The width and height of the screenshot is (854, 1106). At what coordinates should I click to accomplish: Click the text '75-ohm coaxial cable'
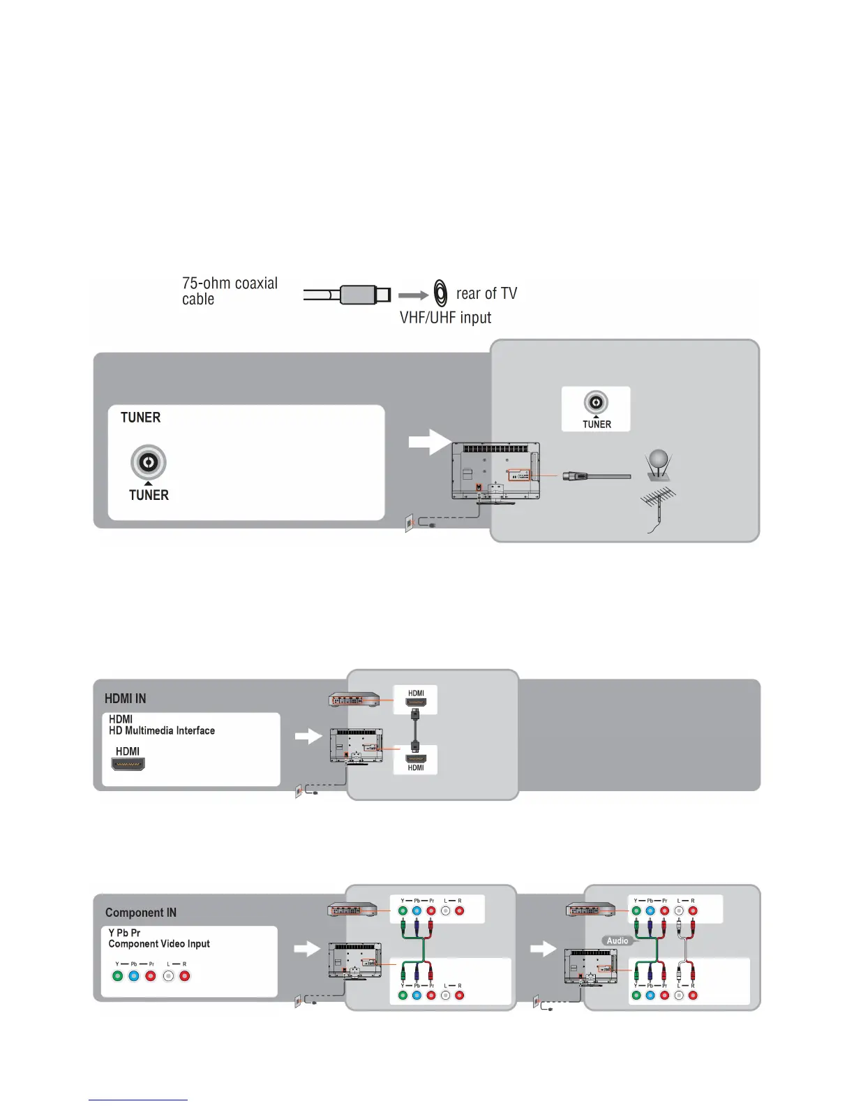coord(230,291)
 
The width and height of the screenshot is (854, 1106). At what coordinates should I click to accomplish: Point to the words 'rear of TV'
coord(486,293)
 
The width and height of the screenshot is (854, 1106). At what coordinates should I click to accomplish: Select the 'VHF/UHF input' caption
coord(445,318)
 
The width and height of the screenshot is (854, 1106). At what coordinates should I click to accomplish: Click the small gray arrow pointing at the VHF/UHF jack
coord(413,295)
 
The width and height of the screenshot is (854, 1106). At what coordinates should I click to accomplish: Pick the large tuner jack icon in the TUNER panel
coord(148,462)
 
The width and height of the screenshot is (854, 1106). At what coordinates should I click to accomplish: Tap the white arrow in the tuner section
coord(429,442)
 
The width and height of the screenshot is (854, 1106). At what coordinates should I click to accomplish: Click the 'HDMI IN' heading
coord(126,699)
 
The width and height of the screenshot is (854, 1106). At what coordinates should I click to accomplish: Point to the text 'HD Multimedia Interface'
coord(162,730)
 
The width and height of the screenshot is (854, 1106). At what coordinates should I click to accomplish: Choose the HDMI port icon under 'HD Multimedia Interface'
coord(128,763)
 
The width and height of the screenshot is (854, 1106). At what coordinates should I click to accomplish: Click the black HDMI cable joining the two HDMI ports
coord(416,729)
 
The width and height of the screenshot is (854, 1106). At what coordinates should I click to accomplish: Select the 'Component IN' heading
coord(141,913)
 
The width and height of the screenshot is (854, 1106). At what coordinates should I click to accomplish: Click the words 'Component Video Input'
coord(159,944)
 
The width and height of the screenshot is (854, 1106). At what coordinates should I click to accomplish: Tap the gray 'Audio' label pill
coord(617,941)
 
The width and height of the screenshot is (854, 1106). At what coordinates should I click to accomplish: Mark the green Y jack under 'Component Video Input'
coord(117,976)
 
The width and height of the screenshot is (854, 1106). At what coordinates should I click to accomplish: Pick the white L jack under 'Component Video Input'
coord(168,976)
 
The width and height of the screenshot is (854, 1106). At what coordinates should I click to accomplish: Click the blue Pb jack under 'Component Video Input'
coord(134,976)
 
